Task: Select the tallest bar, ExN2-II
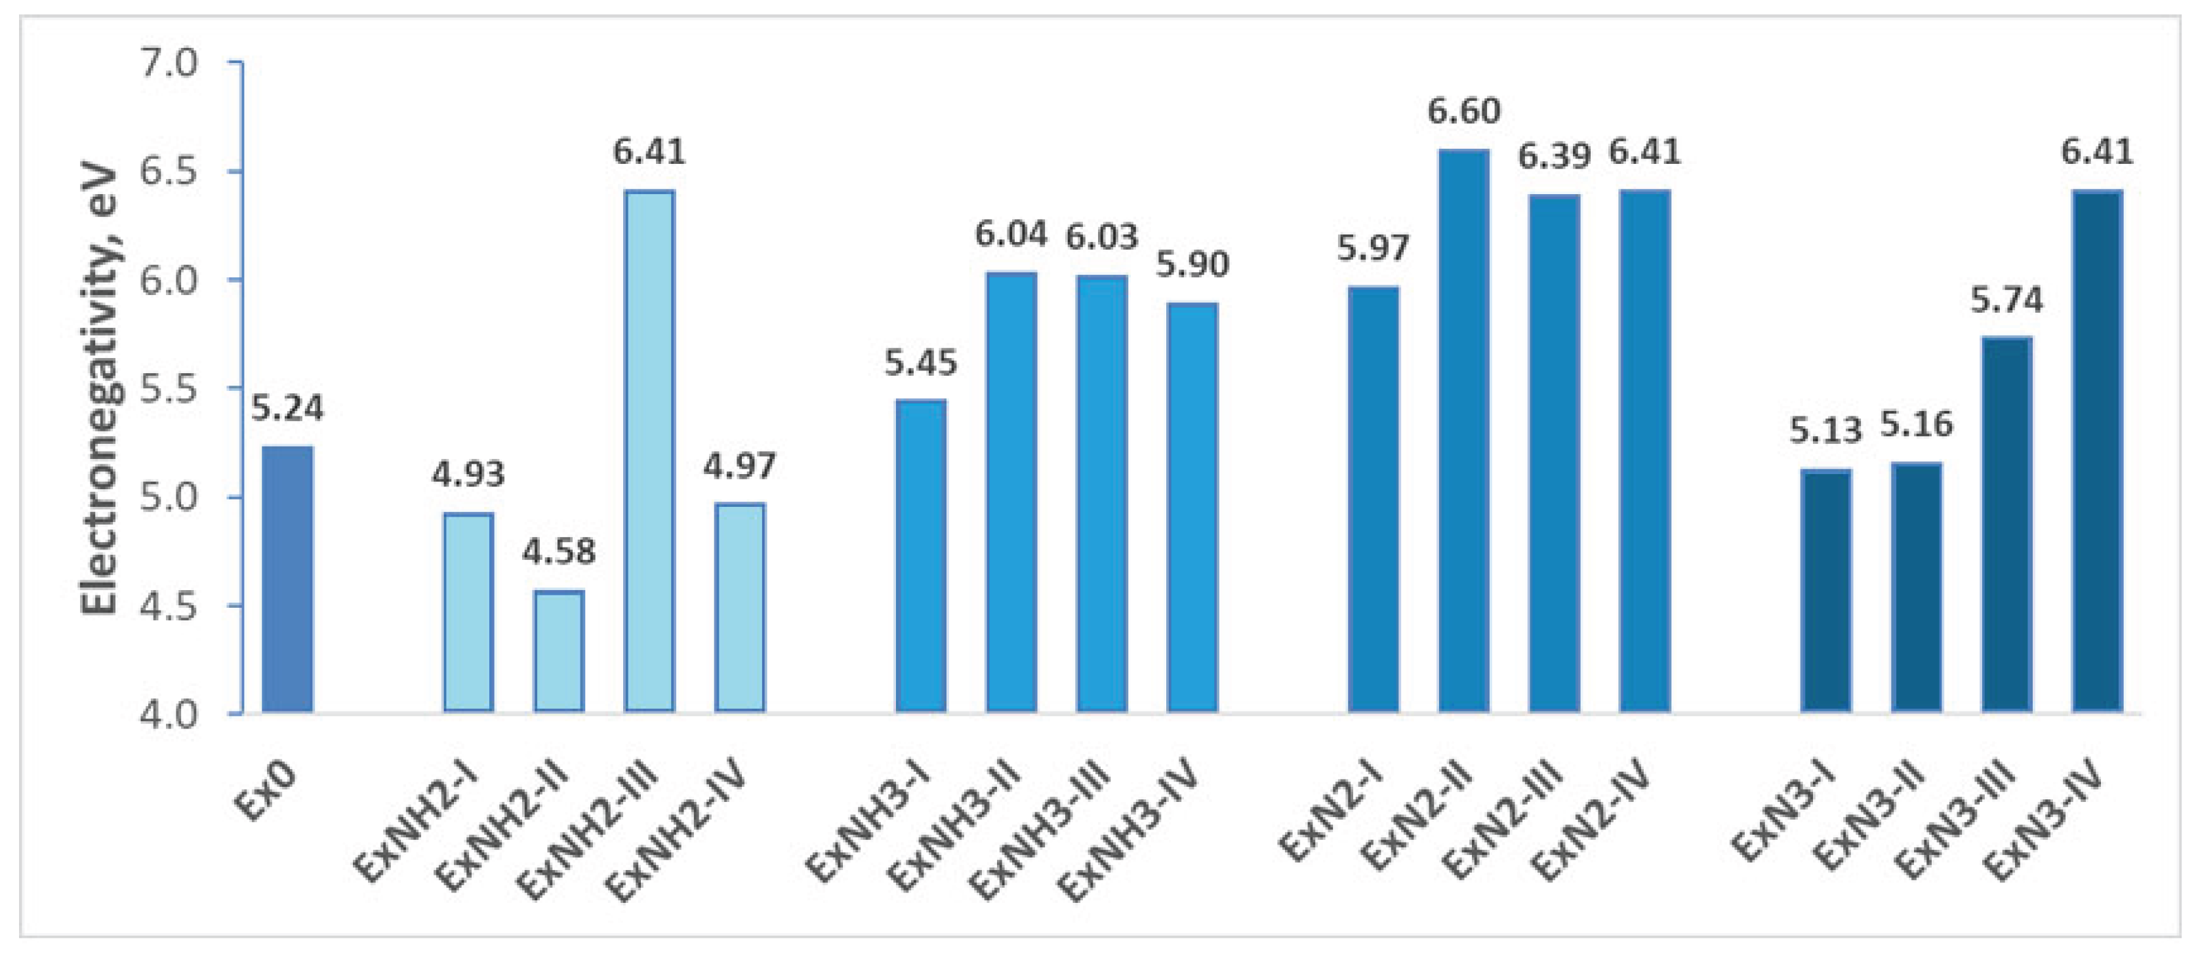[x=1463, y=431]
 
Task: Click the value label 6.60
[x=1463, y=111]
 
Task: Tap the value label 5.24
[x=287, y=408]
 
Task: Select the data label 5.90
[x=1192, y=265]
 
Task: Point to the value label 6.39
[x=1554, y=157]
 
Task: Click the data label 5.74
[x=2006, y=300]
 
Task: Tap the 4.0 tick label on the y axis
[x=168, y=713]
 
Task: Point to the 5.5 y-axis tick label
[x=168, y=389]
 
